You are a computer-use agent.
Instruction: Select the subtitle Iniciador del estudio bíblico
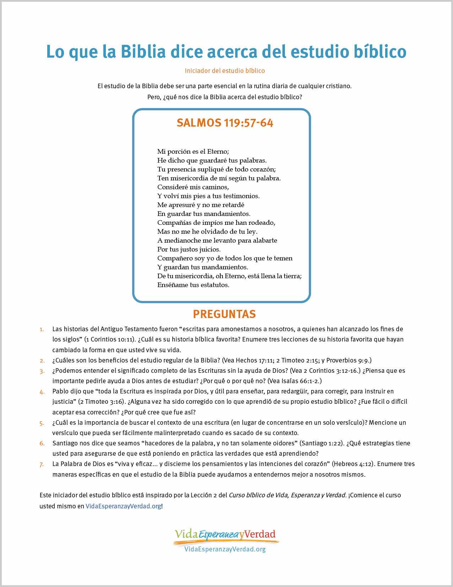pyautogui.click(x=225, y=71)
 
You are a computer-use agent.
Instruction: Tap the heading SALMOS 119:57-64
pyautogui.click(x=225, y=123)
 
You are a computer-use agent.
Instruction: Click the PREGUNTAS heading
pyautogui.click(x=224, y=314)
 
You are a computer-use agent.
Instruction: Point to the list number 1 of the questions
pyautogui.click(x=42, y=329)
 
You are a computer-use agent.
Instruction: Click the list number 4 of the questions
pyautogui.click(x=42, y=392)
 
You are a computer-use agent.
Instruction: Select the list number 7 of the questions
pyautogui.click(x=42, y=464)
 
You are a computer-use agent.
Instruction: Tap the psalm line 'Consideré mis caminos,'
pyautogui.click(x=193, y=187)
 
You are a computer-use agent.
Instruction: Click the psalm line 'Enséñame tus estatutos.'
pyautogui.click(x=193, y=285)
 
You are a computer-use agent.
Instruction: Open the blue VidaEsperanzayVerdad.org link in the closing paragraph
pyautogui.click(x=123, y=506)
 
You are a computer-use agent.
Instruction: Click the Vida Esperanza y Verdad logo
pyautogui.click(x=225, y=535)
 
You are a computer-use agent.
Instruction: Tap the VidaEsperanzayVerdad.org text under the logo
pyautogui.click(x=225, y=549)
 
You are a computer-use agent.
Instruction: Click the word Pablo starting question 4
pyautogui.click(x=60, y=391)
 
